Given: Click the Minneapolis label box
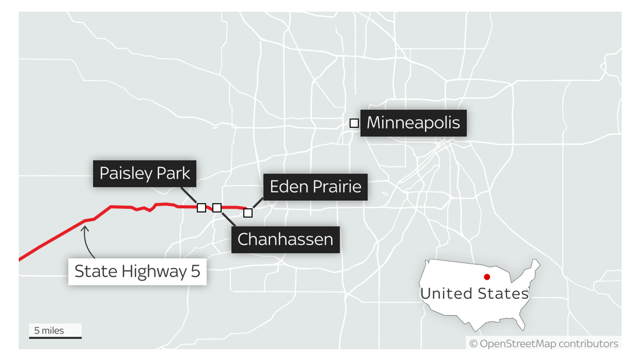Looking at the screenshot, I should pyautogui.click(x=413, y=123).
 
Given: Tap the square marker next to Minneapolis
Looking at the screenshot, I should pyautogui.click(x=354, y=123).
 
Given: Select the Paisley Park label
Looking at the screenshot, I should pyautogui.click(x=144, y=174).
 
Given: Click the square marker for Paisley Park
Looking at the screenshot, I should pyautogui.click(x=202, y=208).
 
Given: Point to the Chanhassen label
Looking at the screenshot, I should pyautogui.click(x=285, y=240).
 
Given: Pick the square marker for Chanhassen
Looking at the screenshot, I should pyautogui.click(x=217, y=208).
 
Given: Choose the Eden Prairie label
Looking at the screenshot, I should pyautogui.click(x=315, y=187).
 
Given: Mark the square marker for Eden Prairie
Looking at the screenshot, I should pyautogui.click(x=248, y=213).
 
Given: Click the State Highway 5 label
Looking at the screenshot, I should pyautogui.click(x=137, y=272).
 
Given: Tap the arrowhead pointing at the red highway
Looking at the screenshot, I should pyautogui.click(x=84, y=229).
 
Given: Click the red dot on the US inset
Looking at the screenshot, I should pyautogui.click(x=487, y=277).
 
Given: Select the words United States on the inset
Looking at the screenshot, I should pyautogui.click(x=474, y=294).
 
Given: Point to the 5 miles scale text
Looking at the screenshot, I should pyautogui.click(x=49, y=330).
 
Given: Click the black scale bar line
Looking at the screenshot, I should pyautogui.click(x=55, y=338).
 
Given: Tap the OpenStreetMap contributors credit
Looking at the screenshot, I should pyautogui.click(x=544, y=344).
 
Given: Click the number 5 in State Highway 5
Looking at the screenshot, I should pyautogui.click(x=195, y=272).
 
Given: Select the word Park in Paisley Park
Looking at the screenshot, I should pyautogui.click(x=173, y=174).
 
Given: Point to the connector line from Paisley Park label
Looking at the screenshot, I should pyautogui.click(x=188, y=195).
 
